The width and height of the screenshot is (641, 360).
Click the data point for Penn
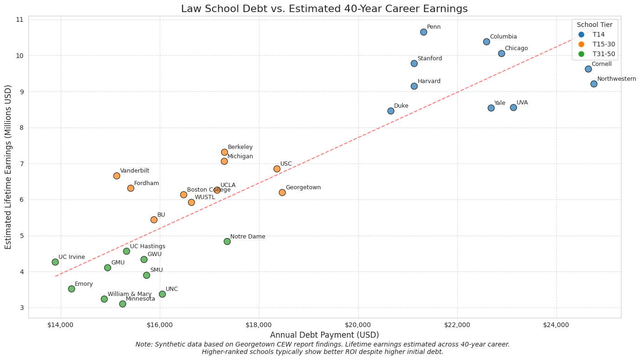423,32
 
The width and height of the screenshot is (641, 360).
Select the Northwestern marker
594,84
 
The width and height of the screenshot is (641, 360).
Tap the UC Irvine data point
55,262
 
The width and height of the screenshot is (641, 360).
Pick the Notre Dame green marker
227,241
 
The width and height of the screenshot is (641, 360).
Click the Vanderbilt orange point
117,176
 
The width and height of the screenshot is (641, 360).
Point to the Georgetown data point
282,193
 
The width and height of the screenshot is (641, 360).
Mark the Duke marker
391,111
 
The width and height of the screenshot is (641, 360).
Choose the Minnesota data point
123,304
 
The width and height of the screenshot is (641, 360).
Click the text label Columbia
503,37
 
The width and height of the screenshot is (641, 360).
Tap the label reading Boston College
208,190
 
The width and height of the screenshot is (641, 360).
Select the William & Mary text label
129,294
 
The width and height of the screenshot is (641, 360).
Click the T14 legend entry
598,34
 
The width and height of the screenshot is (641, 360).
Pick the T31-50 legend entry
603,54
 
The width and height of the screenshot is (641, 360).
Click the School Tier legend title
595,25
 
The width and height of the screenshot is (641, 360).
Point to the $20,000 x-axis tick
358,325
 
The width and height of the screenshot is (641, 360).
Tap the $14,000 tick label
60,325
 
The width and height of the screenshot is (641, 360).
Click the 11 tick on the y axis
19,19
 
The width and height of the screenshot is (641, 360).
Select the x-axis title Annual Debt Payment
324,335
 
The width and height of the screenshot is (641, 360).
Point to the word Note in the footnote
143,344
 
